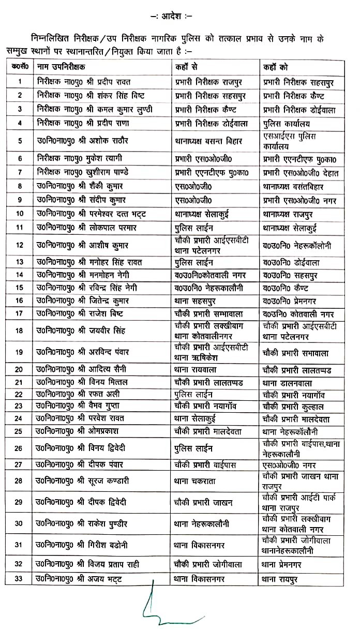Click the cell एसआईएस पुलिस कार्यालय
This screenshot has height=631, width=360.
point(290,140)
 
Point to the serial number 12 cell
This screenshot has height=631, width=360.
point(20,244)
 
